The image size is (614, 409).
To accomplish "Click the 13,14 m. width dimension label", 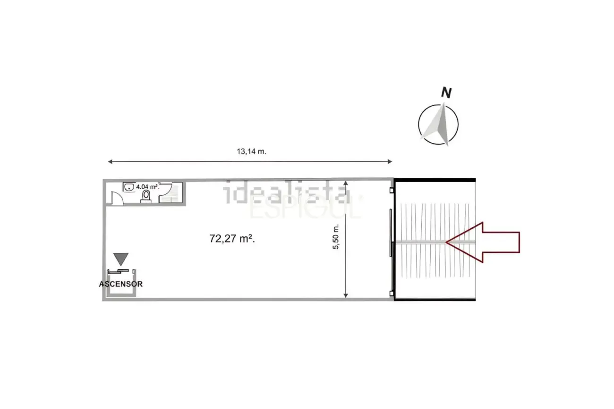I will (251, 151).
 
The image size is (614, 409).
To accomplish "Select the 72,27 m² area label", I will (232, 239).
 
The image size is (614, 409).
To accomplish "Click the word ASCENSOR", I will (121, 284).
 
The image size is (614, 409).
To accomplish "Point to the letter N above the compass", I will (445, 93).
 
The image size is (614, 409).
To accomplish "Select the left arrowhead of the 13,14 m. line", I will (110, 162).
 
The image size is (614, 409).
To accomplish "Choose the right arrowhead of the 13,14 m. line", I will (390, 162).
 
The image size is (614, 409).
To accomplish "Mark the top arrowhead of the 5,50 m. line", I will (346, 183).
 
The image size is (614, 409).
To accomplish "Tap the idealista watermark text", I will (287, 193).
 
